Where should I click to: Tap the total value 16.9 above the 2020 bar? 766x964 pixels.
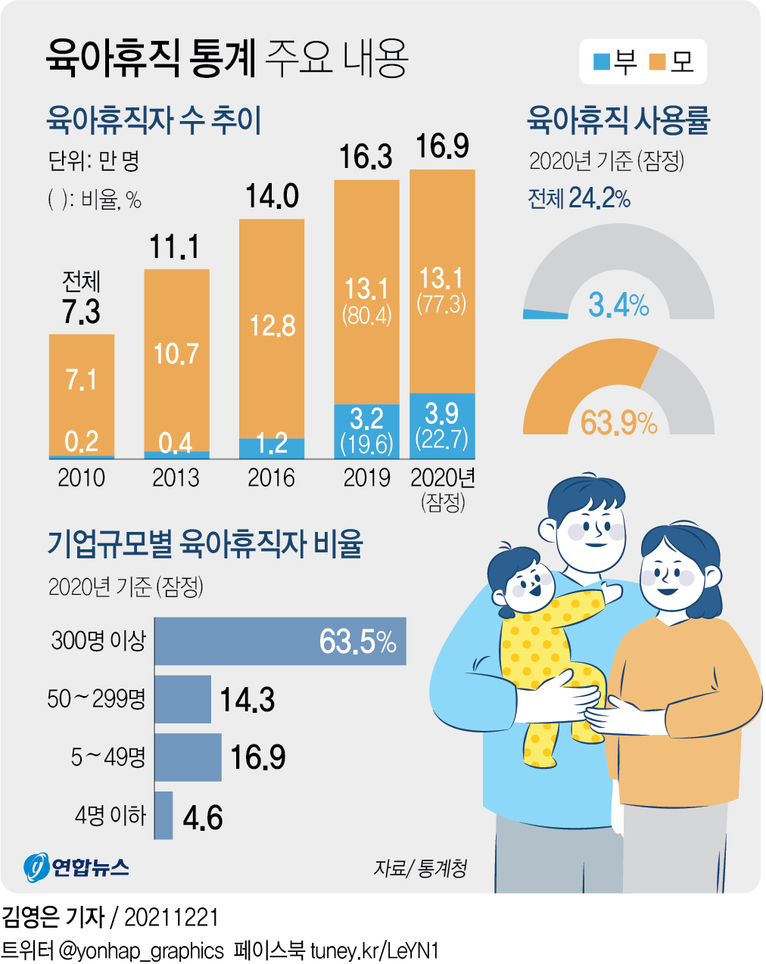[x=442, y=147]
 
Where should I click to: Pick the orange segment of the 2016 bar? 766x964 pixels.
[x=272, y=328]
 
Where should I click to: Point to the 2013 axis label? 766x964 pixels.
[x=176, y=478]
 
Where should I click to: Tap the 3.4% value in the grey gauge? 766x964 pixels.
[x=618, y=305]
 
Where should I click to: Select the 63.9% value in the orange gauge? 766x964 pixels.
[x=618, y=423]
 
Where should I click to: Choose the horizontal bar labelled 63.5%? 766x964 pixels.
[x=280, y=642]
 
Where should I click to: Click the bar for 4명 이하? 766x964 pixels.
[x=163, y=816]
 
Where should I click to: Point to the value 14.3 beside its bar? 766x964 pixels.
[x=247, y=701]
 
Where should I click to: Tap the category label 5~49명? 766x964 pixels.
[x=107, y=757]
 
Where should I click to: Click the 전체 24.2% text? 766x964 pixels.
[x=579, y=198]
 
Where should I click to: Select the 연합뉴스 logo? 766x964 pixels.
[x=76, y=867]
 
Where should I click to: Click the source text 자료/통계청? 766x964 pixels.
[x=420, y=868]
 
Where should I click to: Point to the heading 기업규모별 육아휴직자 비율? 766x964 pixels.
[x=205, y=544]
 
